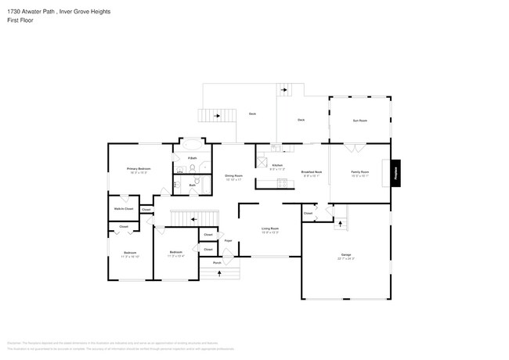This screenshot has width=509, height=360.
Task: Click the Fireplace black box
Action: click(x=396, y=172)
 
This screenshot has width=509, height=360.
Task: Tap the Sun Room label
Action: click(x=359, y=121)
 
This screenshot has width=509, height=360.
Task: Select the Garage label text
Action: click(x=345, y=255)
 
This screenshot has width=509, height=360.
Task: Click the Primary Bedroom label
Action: click(x=139, y=169)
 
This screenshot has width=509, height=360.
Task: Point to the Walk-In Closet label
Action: click(x=124, y=209)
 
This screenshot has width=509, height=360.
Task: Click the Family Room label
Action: click(x=359, y=171)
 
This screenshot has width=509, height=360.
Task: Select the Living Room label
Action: click(x=269, y=229)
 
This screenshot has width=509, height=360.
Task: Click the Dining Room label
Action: click(x=233, y=176)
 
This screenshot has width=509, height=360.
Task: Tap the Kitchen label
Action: click(x=276, y=165)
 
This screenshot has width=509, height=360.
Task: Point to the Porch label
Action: click(x=217, y=263)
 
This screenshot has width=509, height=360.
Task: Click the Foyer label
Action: click(x=228, y=241)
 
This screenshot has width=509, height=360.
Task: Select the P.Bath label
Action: click(x=191, y=158)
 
